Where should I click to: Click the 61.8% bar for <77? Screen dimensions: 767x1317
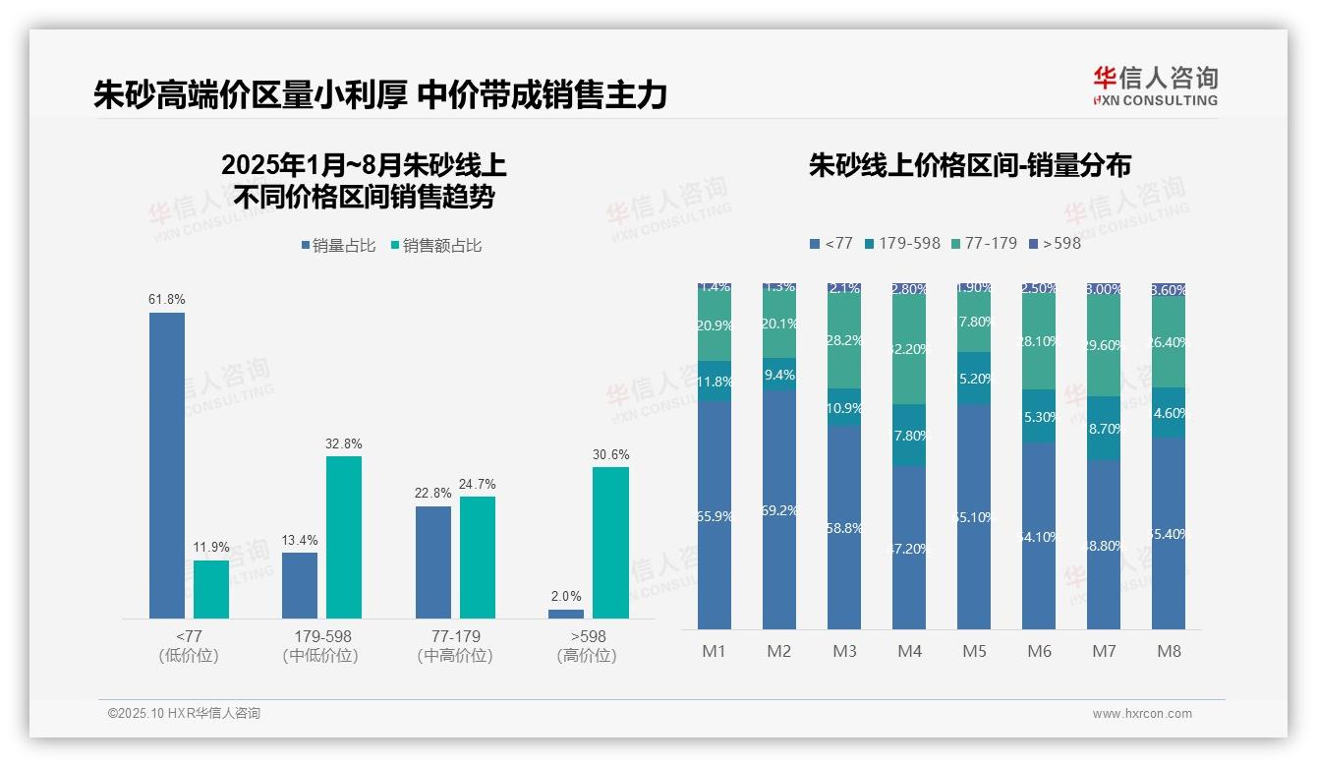[x=167, y=465]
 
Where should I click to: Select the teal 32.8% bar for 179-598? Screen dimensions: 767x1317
[x=344, y=537]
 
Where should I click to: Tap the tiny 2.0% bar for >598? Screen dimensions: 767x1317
[x=566, y=614]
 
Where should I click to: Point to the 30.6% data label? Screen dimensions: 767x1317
[x=611, y=454]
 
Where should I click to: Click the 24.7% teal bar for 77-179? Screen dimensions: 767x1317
[x=478, y=557]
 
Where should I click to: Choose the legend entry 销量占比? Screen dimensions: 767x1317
[x=338, y=246]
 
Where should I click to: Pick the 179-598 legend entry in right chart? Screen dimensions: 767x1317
[x=901, y=243]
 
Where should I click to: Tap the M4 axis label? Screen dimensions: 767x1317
[x=909, y=651]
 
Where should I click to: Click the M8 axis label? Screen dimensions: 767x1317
[x=1169, y=651]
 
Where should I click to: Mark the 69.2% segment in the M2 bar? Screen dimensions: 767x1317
[x=779, y=510]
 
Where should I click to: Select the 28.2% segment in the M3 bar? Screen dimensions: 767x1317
[x=844, y=340]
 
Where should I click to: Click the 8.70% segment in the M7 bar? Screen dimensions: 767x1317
[x=1104, y=429]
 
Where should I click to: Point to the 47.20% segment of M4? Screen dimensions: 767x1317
[x=909, y=548]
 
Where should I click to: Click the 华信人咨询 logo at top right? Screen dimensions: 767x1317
[x=1155, y=86]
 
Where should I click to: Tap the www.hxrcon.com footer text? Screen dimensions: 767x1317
[x=1142, y=714]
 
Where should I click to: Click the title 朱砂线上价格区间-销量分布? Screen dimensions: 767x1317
[x=969, y=165]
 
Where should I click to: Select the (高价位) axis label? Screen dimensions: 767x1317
[x=588, y=656]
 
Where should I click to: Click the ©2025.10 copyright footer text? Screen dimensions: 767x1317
[x=184, y=714]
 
